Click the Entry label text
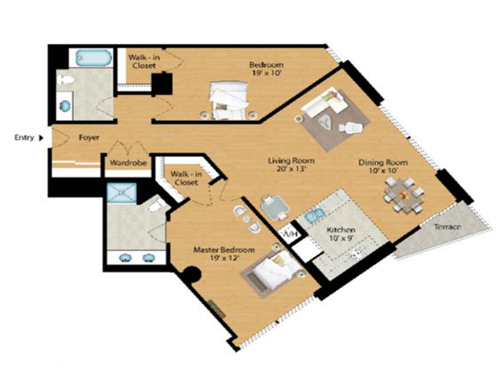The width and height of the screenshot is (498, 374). (24, 137)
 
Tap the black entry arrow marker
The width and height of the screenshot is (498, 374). (41, 138)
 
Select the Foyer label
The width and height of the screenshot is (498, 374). (89, 137)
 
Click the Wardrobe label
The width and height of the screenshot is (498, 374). (128, 162)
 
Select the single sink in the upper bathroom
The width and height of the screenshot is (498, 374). (65, 106)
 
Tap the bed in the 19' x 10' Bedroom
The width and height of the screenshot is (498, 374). (229, 100)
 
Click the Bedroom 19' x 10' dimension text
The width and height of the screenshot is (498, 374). (266, 73)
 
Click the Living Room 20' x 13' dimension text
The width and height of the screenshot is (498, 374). (292, 169)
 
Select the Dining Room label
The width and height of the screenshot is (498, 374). (382, 162)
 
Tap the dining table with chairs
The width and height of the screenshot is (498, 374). (403, 196)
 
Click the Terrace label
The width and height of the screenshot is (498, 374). (448, 227)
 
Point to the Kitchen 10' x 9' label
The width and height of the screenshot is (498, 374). (341, 234)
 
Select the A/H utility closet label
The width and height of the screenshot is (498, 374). (290, 234)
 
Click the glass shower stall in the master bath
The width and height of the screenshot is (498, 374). (121, 193)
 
